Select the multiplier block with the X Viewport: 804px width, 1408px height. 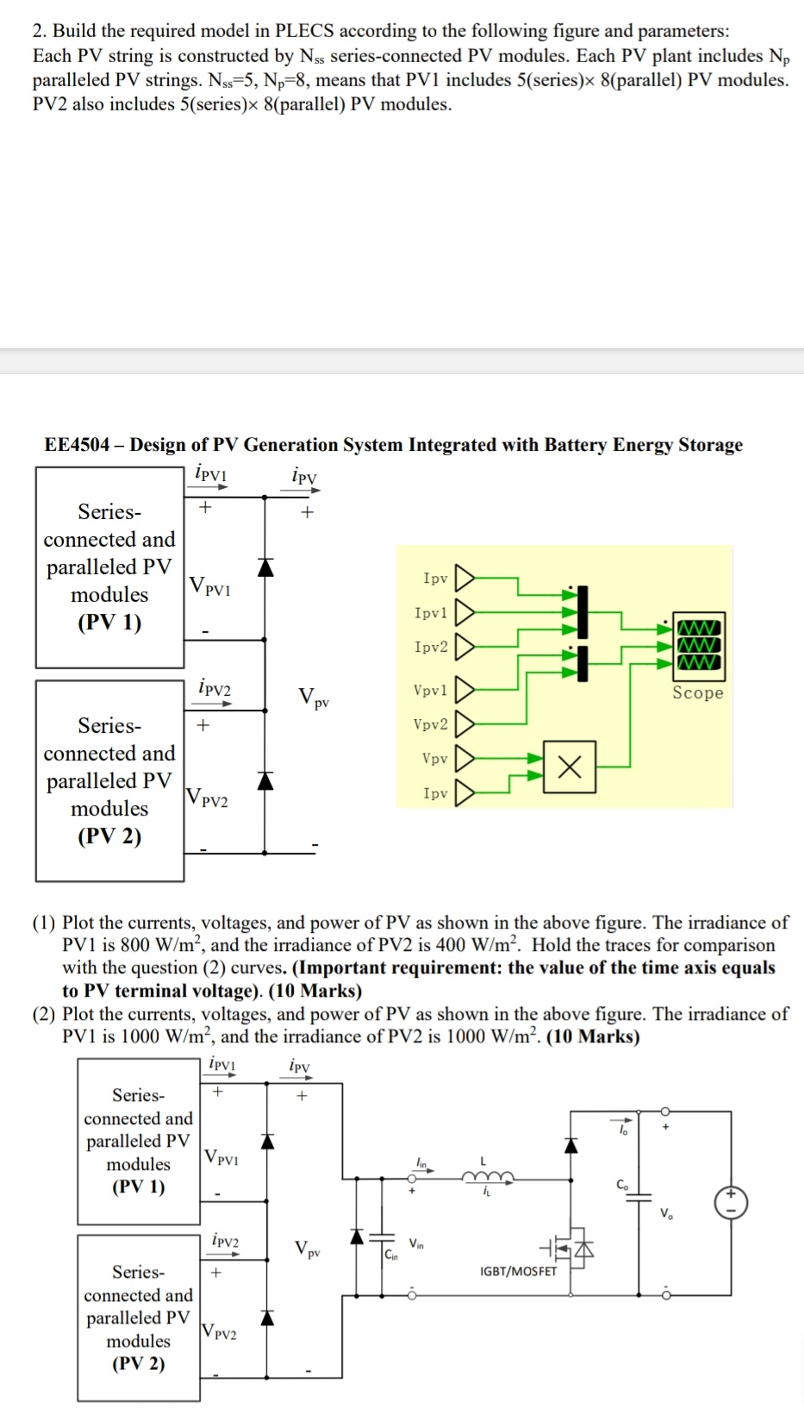click(x=569, y=765)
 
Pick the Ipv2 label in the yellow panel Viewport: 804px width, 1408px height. click(x=431, y=647)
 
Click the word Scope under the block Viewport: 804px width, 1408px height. click(x=698, y=693)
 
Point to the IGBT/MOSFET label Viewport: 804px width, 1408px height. click(x=518, y=1271)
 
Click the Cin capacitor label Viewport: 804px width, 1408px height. click(x=391, y=1254)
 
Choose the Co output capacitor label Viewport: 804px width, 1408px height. click(x=622, y=1185)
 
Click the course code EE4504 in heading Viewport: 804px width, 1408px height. click(x=77, y=445)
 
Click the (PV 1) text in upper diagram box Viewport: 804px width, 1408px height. click(x=109, y=623)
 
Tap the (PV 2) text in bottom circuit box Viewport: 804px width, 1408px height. click(x=138, y=1363)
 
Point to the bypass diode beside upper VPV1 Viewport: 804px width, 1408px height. click(x=265, y=566)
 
